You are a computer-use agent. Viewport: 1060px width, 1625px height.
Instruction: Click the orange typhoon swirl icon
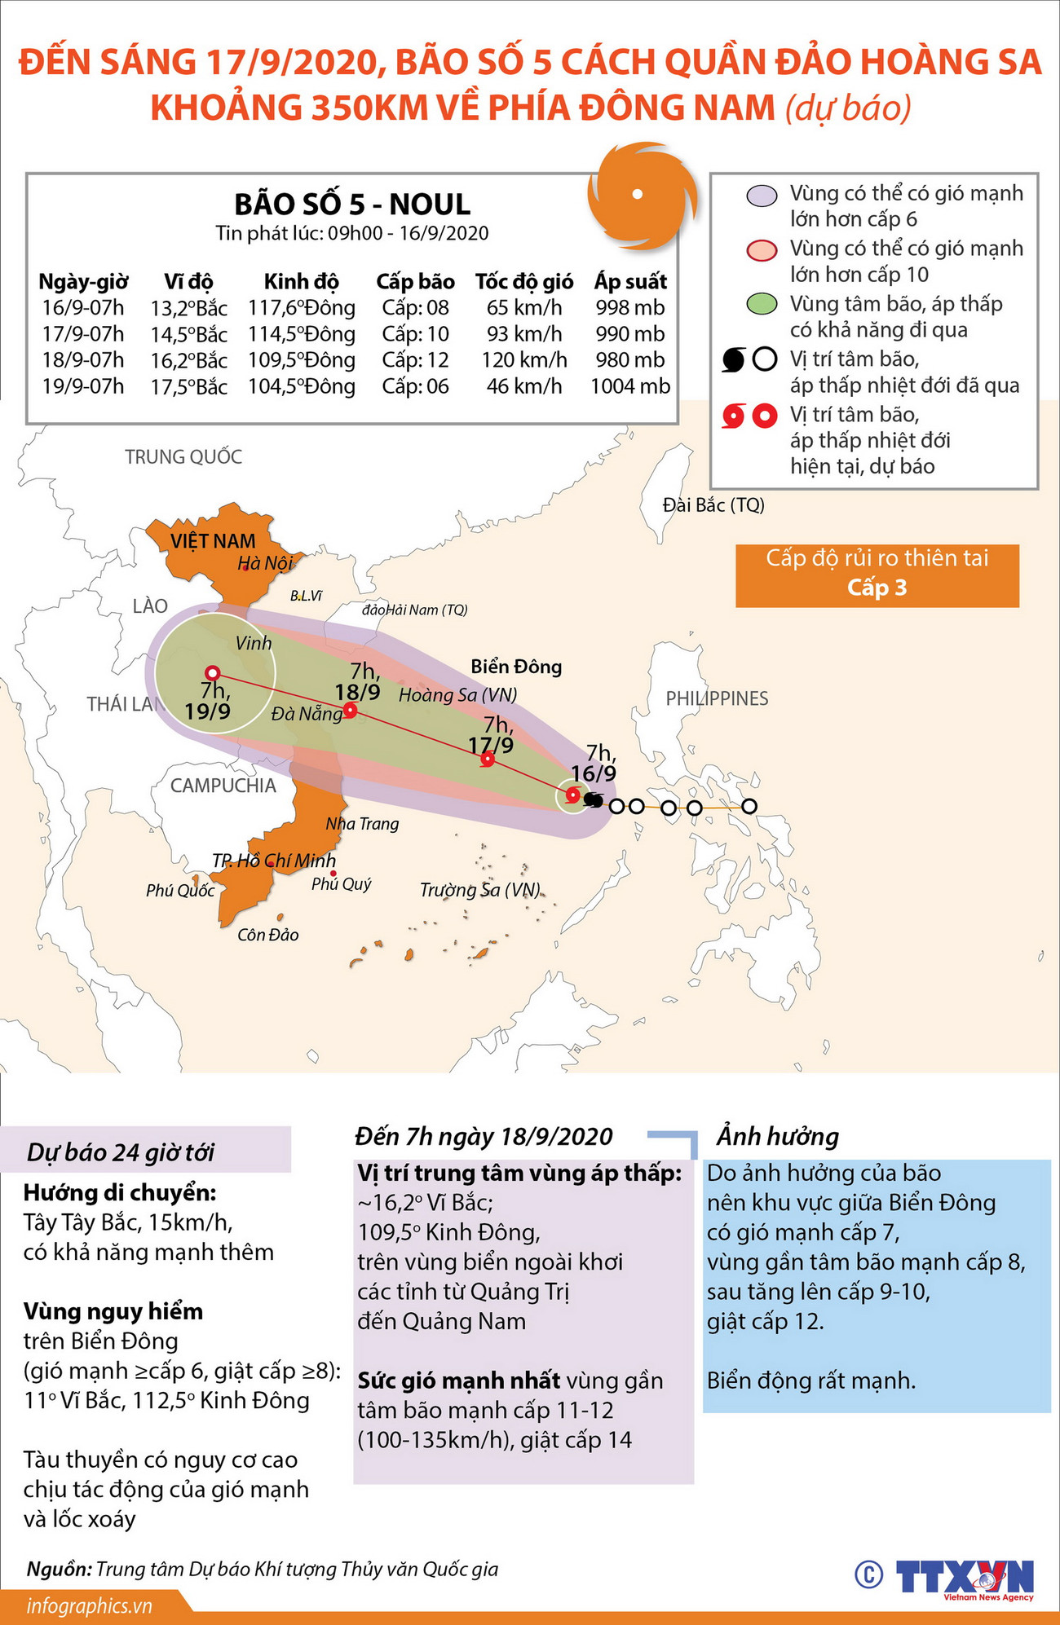641,196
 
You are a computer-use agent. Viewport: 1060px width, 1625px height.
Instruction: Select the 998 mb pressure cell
630,308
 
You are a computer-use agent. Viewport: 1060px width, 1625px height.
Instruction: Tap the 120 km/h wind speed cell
523,360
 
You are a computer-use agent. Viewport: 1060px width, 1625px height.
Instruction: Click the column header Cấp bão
415,282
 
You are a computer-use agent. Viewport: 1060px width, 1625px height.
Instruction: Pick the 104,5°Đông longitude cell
302,386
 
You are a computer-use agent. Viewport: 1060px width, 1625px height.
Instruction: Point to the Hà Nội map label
264,563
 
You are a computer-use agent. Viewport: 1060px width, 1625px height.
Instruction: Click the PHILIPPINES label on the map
717,698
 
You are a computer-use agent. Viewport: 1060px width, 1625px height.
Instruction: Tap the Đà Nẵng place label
307,714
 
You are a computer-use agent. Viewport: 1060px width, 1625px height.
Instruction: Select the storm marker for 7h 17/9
488,760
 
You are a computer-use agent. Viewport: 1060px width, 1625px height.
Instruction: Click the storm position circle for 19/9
213,672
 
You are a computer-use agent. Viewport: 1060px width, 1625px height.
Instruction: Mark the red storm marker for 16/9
572,795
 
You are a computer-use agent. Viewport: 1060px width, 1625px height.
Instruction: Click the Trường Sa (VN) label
480,890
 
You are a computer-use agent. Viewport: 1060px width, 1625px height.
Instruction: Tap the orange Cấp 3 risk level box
877,575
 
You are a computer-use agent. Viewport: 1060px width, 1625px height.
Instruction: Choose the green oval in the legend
762,305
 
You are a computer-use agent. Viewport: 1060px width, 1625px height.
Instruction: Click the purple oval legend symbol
762,196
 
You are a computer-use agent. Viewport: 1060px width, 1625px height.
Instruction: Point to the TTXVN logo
964,1577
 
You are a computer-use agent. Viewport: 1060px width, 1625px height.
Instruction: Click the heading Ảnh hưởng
777,1136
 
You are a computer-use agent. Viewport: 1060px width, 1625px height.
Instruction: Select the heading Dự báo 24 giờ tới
121,1152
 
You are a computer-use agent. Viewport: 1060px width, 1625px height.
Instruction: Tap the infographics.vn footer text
90,1606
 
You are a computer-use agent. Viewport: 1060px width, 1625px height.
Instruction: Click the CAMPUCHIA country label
223,786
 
